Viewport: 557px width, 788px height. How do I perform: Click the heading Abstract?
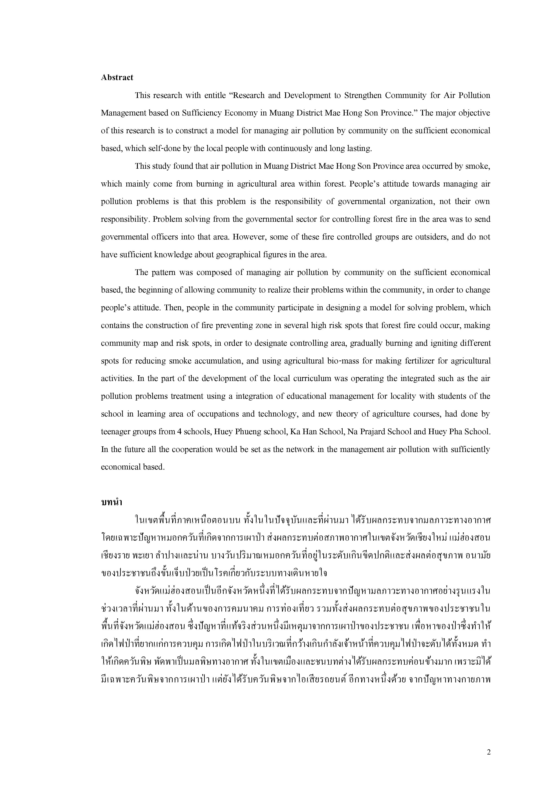point(117,77)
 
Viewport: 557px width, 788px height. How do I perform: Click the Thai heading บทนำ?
point(112,502)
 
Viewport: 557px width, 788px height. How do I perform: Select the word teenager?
point(117,432)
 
